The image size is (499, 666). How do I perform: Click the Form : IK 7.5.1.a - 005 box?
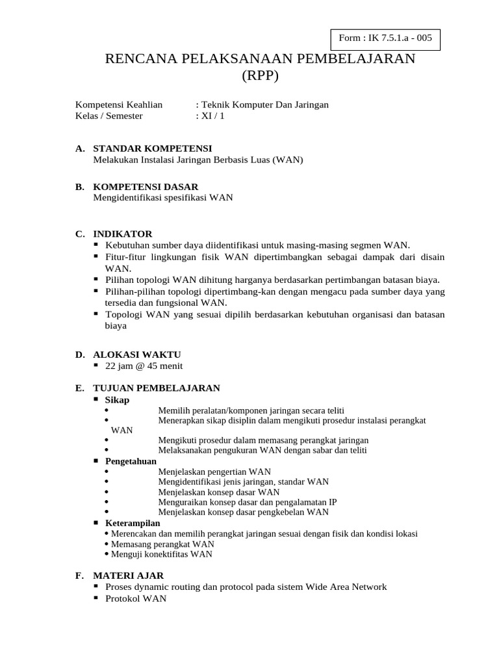pos(385,38)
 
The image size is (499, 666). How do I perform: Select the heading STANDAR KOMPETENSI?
pos(152,149)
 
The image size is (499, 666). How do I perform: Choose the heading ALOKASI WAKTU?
pos(136,354)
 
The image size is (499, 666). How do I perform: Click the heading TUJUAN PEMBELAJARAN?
pos(157,388)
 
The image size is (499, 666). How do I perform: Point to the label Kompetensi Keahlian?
pos(119,104)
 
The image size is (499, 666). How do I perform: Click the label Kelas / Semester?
pos(109,116)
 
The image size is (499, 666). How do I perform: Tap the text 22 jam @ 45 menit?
pos(143,366)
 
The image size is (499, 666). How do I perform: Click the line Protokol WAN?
pos(136,598)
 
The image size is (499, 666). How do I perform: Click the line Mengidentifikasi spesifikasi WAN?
pos(162,198)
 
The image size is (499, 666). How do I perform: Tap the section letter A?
pos(79,149)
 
